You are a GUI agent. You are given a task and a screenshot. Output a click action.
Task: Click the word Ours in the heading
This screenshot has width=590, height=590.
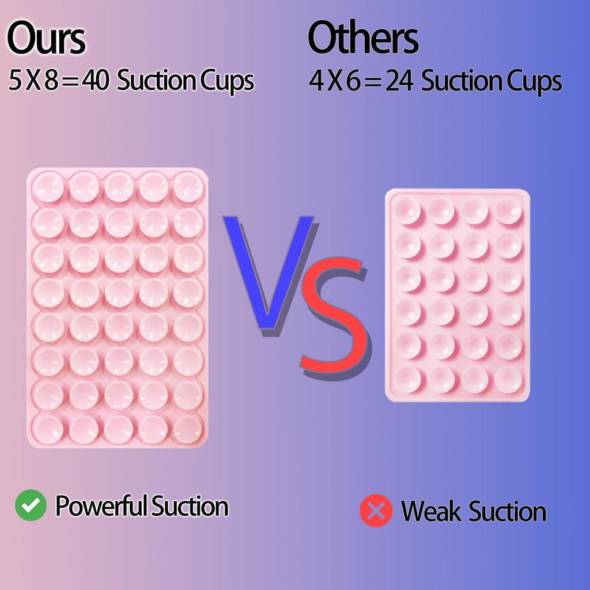[46, 39]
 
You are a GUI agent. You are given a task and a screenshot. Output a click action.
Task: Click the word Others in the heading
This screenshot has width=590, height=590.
[363, 39]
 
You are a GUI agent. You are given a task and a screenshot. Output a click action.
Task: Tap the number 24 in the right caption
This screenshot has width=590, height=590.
[399, 82]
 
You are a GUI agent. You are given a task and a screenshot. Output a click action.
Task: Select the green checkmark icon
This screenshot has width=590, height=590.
[31, 505]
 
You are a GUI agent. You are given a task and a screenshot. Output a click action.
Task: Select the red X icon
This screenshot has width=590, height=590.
[376, 511]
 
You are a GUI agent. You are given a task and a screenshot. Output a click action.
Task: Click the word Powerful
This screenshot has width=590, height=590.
[101, 506]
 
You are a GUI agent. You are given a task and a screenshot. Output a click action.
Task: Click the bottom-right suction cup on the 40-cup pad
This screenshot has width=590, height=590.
[188, 430]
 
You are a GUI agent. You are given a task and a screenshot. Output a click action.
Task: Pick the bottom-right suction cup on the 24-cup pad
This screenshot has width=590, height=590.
[508, 380]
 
